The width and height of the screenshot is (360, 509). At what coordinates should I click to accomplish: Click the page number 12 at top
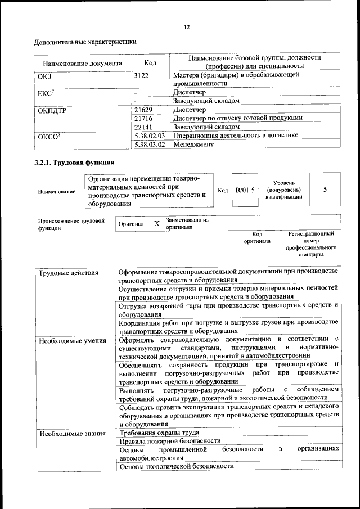(187, 26)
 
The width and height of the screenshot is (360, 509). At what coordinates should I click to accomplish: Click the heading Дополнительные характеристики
(85, 42)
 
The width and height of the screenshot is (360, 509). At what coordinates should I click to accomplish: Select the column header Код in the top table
(150, 63)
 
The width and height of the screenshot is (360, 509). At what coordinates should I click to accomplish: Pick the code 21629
(144, 110)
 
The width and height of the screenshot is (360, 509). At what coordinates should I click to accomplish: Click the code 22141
(144, 127)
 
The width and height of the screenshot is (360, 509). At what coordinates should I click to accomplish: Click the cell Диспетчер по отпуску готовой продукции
(238, 118)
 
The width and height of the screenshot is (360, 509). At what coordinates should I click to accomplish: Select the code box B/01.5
(245, 190)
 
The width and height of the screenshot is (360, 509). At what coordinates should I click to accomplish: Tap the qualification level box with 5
(325, 190)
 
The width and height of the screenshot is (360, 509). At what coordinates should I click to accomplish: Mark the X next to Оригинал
(157, 224)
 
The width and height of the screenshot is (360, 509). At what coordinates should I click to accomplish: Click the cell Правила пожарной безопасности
(170, 441)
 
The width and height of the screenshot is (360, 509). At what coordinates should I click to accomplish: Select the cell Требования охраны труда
(160, 433)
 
